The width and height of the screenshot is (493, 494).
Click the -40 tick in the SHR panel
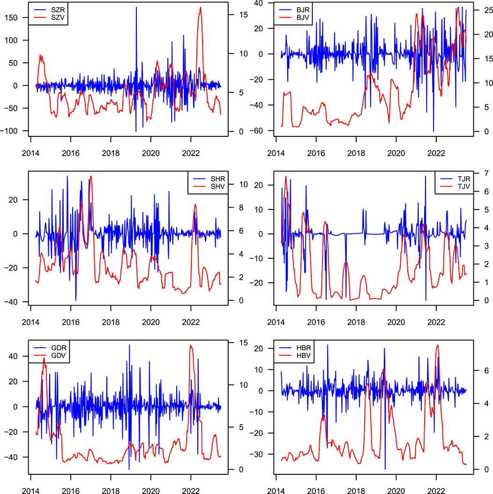coord(14,301)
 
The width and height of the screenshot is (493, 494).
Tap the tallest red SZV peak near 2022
coord(200,7)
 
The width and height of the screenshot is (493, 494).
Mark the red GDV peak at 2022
coord(190,345)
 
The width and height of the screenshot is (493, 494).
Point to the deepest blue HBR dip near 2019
coord(385,469)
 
